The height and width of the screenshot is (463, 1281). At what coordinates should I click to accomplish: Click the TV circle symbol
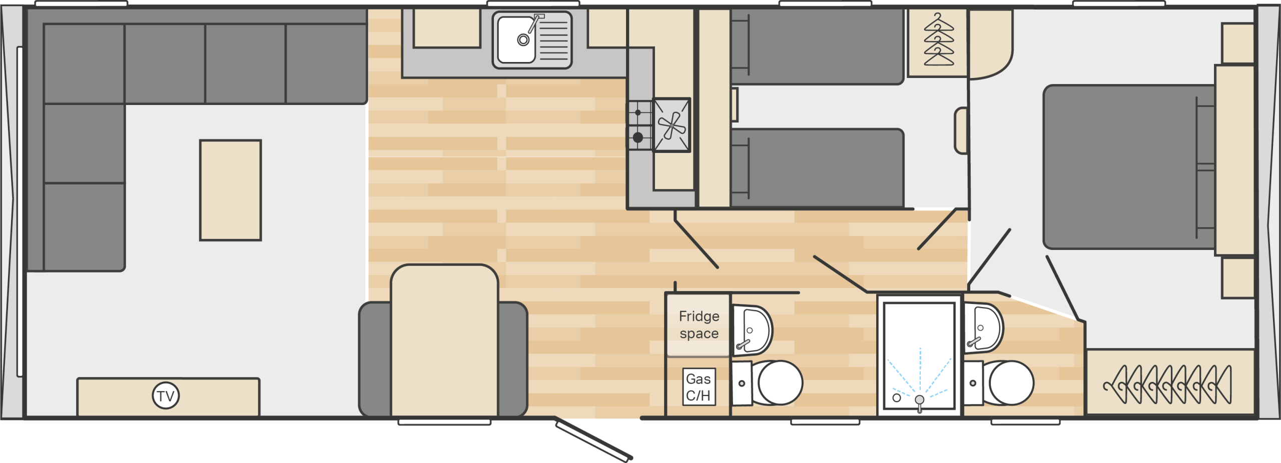(166, 395)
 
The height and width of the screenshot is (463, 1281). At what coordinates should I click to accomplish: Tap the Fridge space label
(699, 324)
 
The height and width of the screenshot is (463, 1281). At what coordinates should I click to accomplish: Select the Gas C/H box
(699, 386)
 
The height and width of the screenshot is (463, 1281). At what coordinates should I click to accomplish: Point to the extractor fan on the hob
(672, 125)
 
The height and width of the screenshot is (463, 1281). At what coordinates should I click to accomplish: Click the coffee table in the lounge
(230, 190)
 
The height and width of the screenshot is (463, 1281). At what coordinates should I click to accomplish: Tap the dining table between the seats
(444, 340)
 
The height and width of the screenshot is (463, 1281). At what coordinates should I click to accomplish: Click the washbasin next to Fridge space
(752, 330)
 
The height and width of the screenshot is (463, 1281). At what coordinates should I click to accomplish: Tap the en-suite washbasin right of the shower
(983, 328)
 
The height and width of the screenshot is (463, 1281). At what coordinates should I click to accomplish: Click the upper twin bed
(817, 46)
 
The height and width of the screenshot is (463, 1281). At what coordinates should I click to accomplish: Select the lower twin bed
(817, 167)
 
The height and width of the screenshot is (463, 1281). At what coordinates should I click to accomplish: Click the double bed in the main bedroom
(1129, 166)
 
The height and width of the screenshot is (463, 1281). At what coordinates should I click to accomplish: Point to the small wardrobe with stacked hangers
(938, 42)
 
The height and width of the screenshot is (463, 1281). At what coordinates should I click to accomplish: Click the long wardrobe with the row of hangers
(1170, 383)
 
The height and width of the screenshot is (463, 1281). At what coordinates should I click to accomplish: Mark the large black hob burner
(638, 137)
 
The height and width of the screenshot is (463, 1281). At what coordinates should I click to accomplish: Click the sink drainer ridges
(554, 40)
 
